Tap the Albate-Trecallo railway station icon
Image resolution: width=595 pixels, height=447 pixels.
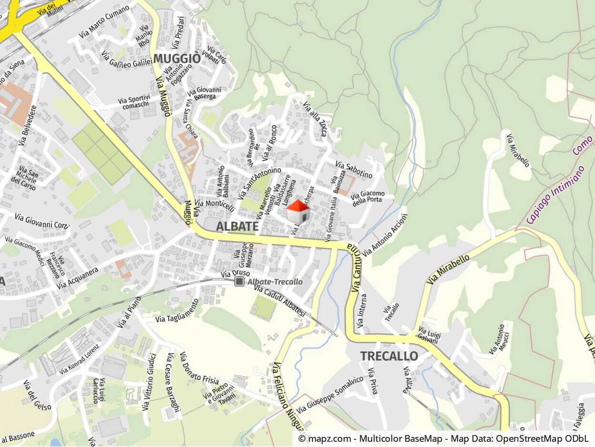coord(239,282)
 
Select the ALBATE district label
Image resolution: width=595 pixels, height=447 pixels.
coord(237,226)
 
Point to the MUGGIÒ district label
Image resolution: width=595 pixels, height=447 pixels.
coord(177,59)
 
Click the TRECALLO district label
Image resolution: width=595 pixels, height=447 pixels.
coord(389,356)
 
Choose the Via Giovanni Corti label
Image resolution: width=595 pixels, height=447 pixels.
coord(42,221)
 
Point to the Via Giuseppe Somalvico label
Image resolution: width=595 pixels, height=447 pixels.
coord(330,395)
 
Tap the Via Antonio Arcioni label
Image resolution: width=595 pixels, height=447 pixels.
coord(385,235)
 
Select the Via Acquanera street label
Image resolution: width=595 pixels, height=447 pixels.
coord(77,278)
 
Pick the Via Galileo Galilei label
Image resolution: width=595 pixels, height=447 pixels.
coord(127,59)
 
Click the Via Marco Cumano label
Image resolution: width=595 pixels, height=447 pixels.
coord(104,21)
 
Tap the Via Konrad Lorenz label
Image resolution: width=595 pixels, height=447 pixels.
coord(79,359)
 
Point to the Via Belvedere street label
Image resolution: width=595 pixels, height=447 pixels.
coord(28,125)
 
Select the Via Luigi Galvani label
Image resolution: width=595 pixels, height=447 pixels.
coord(428,335)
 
